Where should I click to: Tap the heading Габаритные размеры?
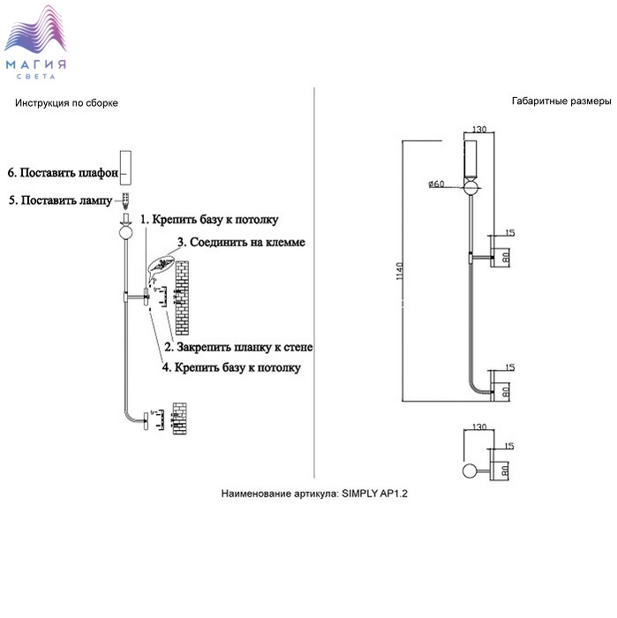tap(553, 102)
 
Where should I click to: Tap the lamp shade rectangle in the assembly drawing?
tap(126, 167)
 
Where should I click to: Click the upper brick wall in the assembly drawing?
tap(182, 297)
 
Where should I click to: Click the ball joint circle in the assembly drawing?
tap(126, 232)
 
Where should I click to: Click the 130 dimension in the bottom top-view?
tap(480, 428)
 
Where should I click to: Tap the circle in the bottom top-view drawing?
tap(471, 471)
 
